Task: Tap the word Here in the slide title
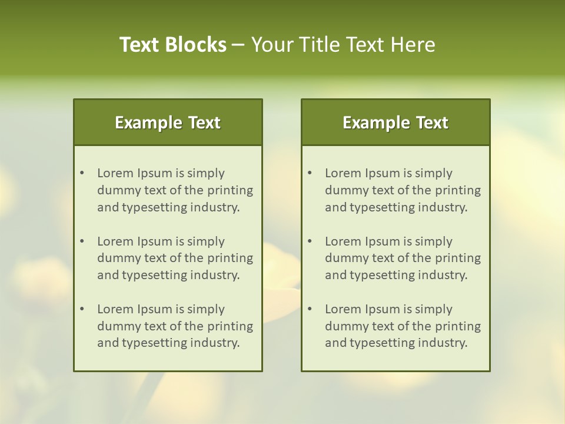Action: click(x=413, y=45)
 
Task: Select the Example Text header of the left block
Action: click(x=168, y=122)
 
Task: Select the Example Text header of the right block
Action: click(x=395, y=122)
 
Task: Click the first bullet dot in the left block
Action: click(x=82, y=173)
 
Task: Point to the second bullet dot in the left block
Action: click(x=82, y=241)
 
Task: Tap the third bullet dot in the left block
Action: click(x=82, y=309)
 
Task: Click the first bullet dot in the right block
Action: click(x=310, y=173)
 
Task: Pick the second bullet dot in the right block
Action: click(x=310, y=241)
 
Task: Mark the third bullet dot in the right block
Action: click(x=310, y=309)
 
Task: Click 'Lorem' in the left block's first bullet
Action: click(x=115, y=173)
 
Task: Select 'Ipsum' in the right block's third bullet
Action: click(x=383, y=309)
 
